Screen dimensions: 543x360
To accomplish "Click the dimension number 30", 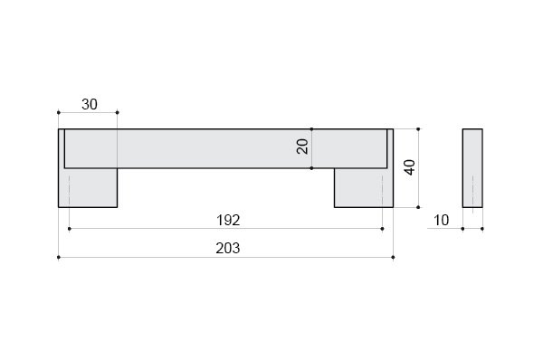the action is (x=90, y=105).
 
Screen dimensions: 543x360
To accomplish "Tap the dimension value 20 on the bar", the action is (x=302, y=147).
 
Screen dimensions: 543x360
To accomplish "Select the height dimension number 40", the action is (x=410, y=167).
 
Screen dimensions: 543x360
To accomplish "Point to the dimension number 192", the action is (x=228, y=220).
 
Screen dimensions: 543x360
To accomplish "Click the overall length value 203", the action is (x=227, y=248).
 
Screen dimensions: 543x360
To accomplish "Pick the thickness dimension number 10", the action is (x=441, y=220).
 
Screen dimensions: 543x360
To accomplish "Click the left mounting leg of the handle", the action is (x=88, y=187).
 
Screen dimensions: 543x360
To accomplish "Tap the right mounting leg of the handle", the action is (x=364, y=187).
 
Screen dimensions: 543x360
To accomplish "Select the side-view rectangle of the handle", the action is (x=472, y=168).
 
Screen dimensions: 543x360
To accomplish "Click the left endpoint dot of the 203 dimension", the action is (x=59, y=257).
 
